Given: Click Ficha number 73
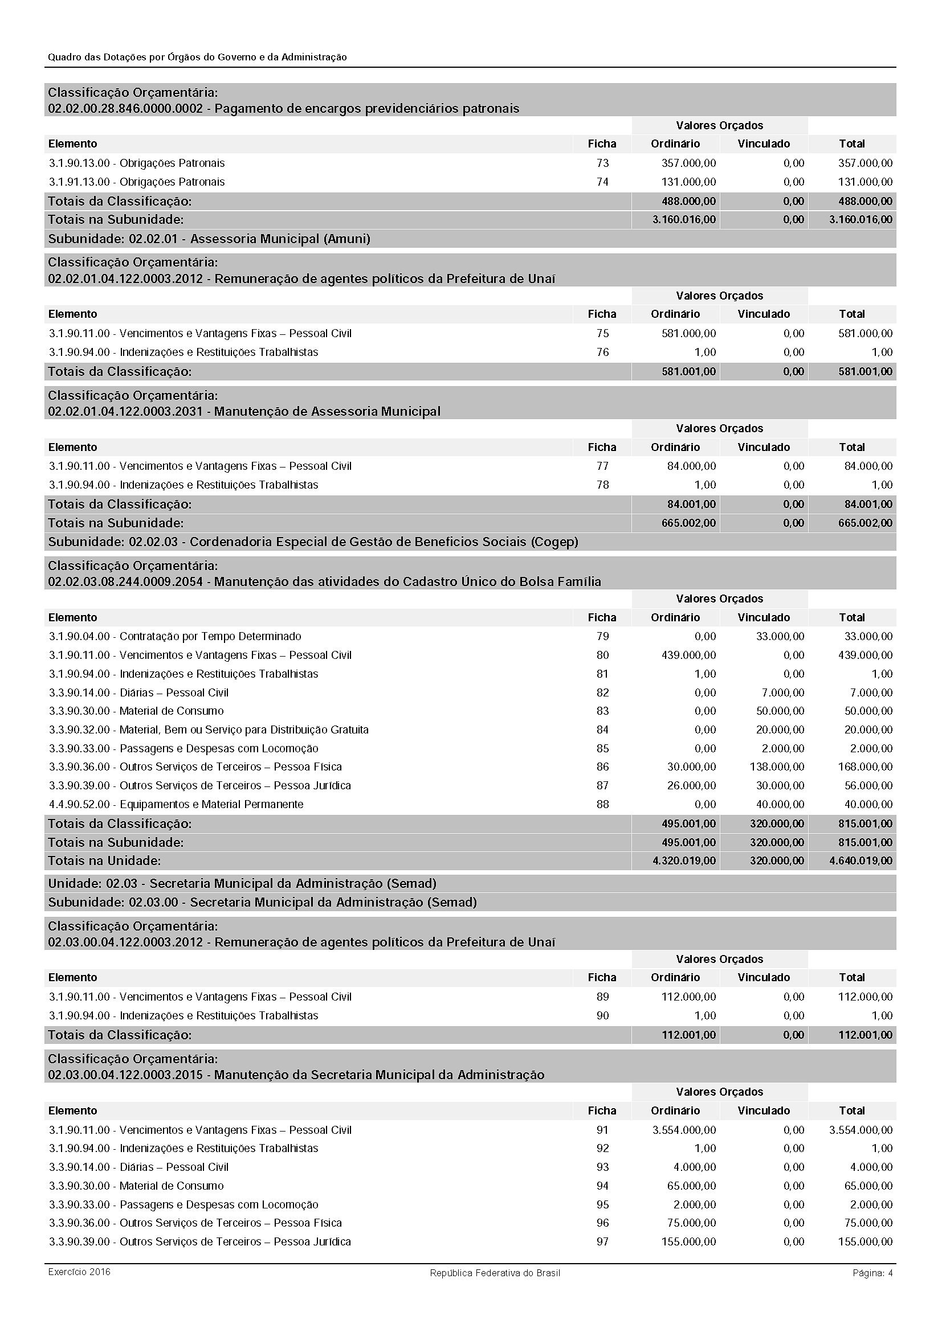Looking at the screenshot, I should point(602,163).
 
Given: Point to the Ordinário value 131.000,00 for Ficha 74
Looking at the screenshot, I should point(688,182).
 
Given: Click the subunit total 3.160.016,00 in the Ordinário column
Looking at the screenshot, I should point(684,220).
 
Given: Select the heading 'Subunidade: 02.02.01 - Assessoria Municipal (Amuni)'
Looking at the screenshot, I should point(209,239).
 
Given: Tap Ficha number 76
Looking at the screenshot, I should point(602,352).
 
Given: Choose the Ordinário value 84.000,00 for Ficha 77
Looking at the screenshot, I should point(691,466).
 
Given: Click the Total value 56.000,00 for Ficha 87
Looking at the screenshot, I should point(868,785).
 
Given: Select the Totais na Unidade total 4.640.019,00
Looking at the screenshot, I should point(861,860).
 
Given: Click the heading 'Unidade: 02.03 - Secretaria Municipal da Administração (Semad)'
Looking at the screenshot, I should point(242,884).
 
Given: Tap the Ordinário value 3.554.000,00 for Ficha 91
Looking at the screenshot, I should point(684,1129).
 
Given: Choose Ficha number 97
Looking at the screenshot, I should point(602,1241).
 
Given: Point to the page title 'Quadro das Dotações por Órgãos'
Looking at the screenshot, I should point(197,57).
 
